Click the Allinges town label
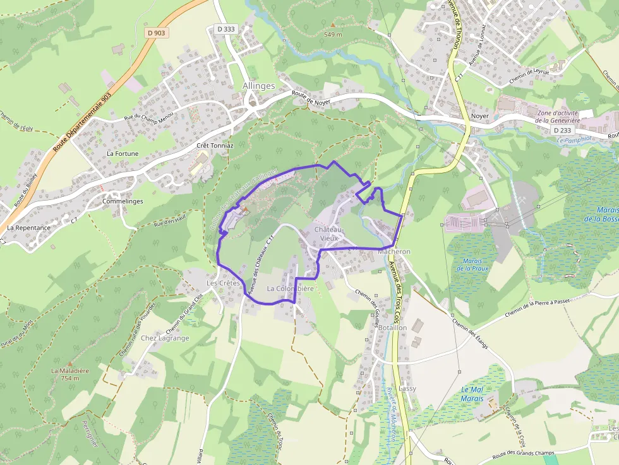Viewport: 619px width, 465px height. pos(259,86)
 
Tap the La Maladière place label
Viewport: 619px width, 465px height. pos(69,371)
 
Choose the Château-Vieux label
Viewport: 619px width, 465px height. pos(330,233)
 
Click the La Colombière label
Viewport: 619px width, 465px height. pos(290,288)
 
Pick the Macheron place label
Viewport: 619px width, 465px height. pos(394,251)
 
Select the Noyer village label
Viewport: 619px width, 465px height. pos(480,117)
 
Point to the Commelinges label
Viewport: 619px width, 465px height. pos(123,201)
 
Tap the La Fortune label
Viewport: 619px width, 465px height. pos(123,153)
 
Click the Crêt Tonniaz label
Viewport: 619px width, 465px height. pos(215,145)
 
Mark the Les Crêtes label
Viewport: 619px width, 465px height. pos(223,283)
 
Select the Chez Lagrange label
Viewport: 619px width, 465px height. pos(165,338)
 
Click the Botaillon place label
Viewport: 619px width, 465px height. pos(392,328)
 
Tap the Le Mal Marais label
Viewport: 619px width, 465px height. pos(472,394)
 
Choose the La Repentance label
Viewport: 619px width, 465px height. pos(29,228)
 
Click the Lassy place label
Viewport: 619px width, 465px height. pos(407,389)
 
